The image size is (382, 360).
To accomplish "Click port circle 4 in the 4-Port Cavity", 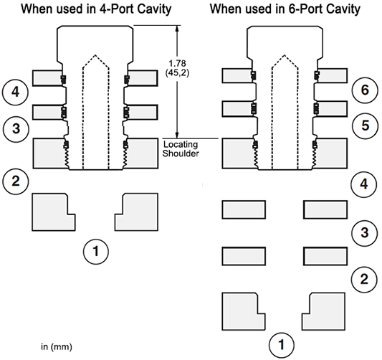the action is click(x=15, y=93).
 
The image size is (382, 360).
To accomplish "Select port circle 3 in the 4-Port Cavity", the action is click(x=16, y=128).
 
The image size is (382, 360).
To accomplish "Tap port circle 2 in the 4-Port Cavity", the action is click(x=15, y=181).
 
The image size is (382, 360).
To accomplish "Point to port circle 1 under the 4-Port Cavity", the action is click(x=96, y=251).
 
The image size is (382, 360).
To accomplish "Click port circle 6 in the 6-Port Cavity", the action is click(x=365, y=90).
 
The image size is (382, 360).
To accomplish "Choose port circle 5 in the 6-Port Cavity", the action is click(x=366, y=125).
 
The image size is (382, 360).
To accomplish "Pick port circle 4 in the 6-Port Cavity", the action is click(x=364, y=184).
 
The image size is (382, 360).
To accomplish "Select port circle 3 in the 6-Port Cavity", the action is click(x=365, y=232).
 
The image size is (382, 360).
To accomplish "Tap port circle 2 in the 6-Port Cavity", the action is click(x=364, y=279).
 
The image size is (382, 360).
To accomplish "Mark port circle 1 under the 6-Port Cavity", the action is click(x=282, y=345).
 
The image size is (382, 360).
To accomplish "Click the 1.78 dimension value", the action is click(x=177, y=64).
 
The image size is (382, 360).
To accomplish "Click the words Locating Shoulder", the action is click(x=181, y=148).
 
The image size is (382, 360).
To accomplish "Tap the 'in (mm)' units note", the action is click(x=57, y=347).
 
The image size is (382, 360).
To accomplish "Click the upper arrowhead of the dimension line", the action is click(x=177, y=28).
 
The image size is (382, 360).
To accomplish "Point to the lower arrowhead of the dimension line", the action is click(x=177, y=136).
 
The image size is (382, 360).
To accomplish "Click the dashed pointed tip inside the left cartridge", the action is click(x=95, y=55).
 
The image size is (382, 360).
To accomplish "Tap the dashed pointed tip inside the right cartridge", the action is click(x=285, y=55).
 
